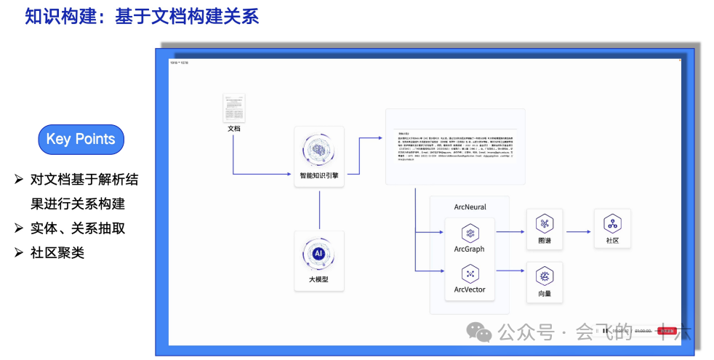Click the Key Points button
click(x=81, y=140)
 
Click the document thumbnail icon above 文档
click(x=234, y=108)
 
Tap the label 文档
click(x=234, y=129)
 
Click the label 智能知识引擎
click(x=319, y=175)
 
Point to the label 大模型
click(x=318, y=279)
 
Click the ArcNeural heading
click(x=470, y=207)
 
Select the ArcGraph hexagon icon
click(x=470, y=233)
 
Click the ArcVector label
click(x=470, y=289)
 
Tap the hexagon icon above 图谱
click(x=545, y=224)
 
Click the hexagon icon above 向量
click(x=545, y=276)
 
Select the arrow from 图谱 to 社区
click(x=579, y=232)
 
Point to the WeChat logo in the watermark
click(x=479, y=332)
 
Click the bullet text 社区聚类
click(x=57, y=252)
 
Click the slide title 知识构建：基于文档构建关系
click(x=142, y=16)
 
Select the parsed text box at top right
click(x=455, y=146)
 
